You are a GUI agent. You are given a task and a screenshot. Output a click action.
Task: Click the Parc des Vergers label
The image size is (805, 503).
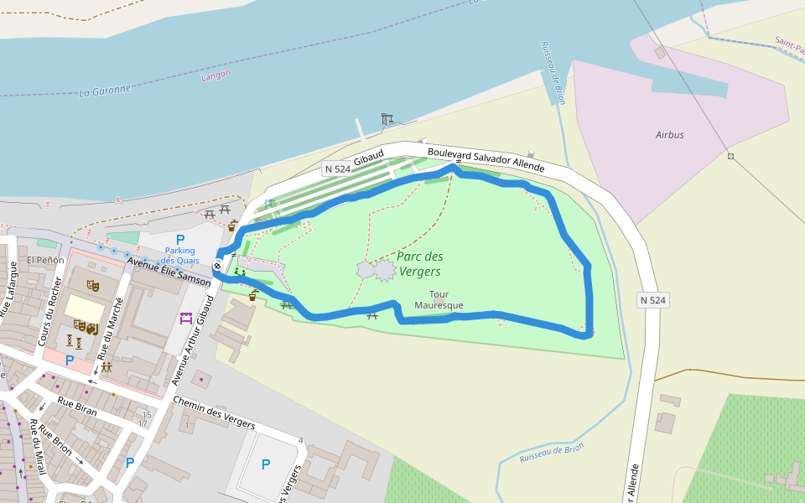[420, 263]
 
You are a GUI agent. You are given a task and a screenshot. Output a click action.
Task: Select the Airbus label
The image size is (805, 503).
[669, 134]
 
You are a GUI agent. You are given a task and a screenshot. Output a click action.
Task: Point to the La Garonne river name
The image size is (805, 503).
[105, 90]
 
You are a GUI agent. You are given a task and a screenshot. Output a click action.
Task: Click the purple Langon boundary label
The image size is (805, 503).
[216, 76]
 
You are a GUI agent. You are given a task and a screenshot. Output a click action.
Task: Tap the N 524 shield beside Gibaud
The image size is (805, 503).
[337, 169]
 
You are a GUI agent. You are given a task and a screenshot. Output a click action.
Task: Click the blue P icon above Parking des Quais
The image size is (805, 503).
[180, 239]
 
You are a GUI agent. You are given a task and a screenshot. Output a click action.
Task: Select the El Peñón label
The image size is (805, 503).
[45, 260]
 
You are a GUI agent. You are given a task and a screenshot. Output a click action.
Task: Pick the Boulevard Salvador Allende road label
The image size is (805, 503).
[486, 160]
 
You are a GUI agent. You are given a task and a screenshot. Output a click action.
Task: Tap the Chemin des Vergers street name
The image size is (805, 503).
[214, 412]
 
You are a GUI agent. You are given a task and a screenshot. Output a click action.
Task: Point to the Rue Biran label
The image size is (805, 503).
[77, 407]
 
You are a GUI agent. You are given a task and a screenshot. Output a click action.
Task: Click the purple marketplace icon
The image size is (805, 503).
[186, 318]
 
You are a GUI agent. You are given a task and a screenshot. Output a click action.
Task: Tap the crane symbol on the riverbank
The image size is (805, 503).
[387, 119]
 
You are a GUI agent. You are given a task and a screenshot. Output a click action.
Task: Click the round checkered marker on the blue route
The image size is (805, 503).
[218, 266]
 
